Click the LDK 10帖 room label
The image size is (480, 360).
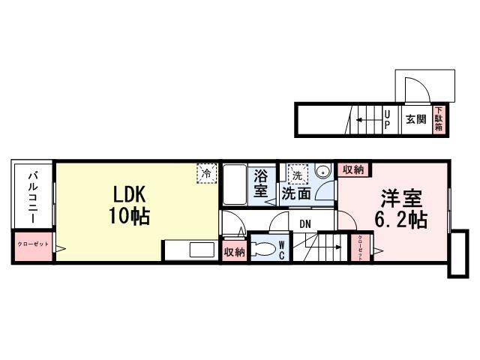(131, 205)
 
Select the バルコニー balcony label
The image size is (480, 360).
(34, 196)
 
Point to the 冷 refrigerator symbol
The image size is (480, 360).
(205, 172)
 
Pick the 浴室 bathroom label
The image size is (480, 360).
(261, 184)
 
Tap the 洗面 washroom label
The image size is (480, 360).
(298, 193)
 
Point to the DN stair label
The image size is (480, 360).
(305, 223)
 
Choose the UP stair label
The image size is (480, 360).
(387, 119)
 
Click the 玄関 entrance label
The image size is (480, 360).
(415, 119)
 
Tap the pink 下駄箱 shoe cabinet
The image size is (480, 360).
(438, 119)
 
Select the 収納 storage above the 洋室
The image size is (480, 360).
(352, 170)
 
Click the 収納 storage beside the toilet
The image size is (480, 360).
(234, 252)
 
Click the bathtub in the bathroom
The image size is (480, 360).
(235, 185)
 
